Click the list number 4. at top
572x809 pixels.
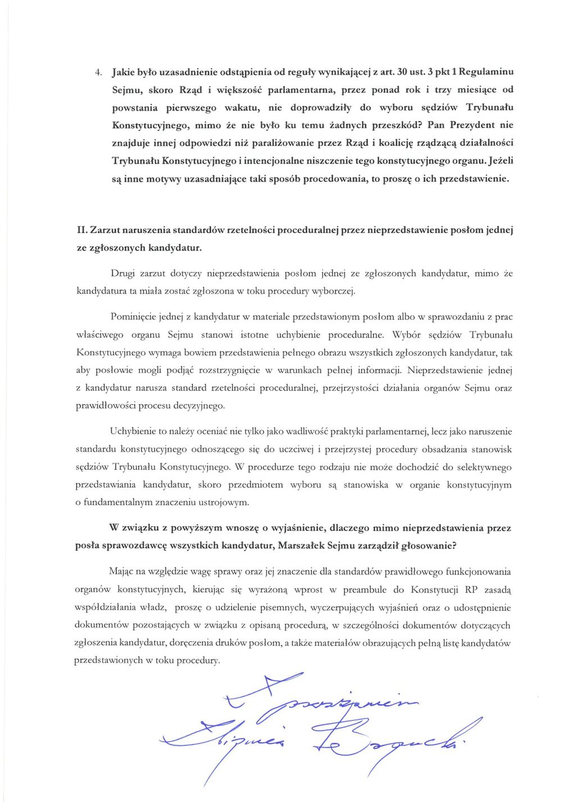(97, 72)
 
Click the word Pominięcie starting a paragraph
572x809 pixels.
(133, 317)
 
